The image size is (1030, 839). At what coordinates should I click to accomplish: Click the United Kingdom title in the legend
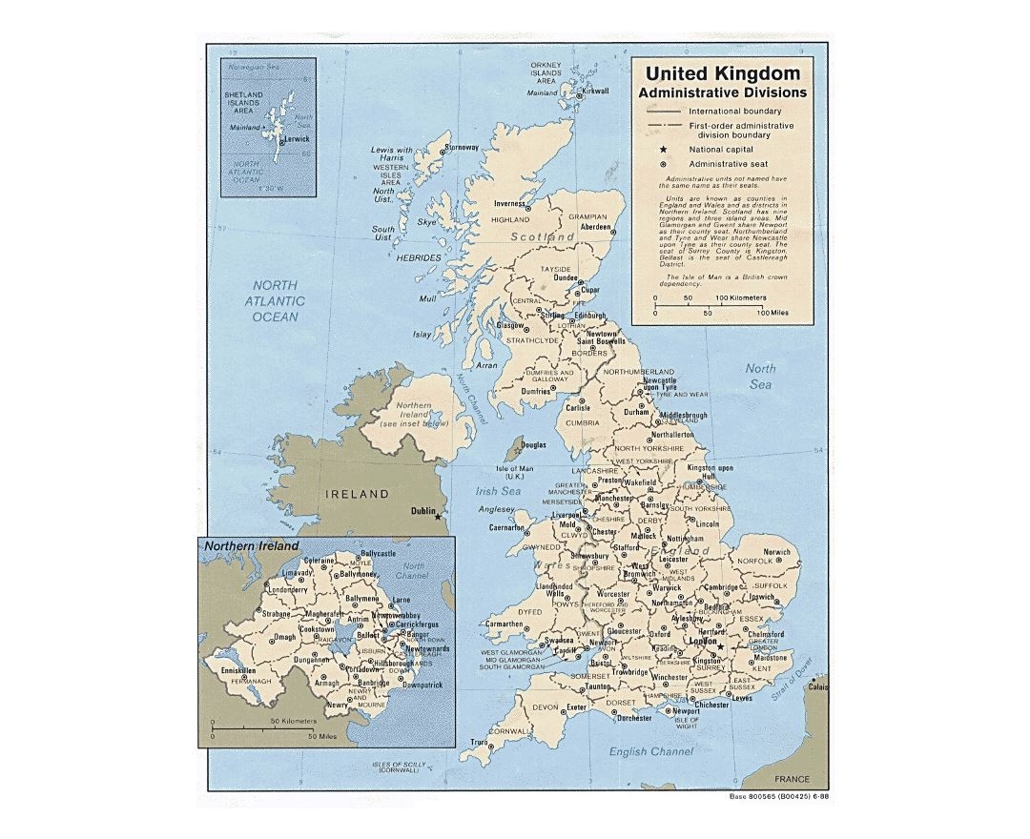723,73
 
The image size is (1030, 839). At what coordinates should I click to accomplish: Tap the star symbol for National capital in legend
661,149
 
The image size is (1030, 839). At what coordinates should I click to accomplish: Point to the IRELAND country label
358,494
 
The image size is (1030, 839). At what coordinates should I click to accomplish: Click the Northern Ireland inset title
251,546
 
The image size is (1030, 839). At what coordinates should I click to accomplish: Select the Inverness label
510,204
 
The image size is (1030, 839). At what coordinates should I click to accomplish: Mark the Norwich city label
776,552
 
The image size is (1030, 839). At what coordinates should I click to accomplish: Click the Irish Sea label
497,491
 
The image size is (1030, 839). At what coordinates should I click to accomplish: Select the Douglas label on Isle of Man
533,444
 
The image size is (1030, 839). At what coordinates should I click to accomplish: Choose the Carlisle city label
577,407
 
